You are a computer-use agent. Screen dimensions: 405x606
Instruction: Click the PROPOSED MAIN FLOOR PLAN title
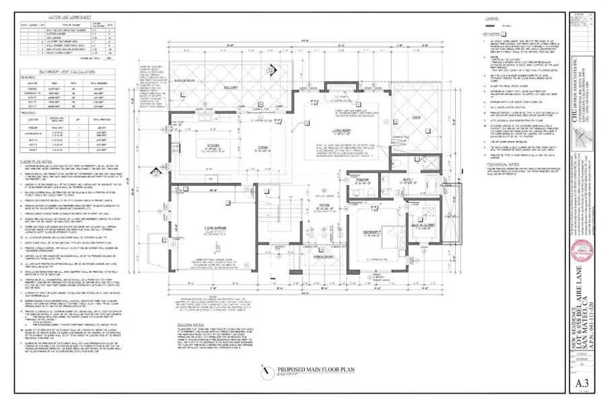[x=301, y=369]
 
